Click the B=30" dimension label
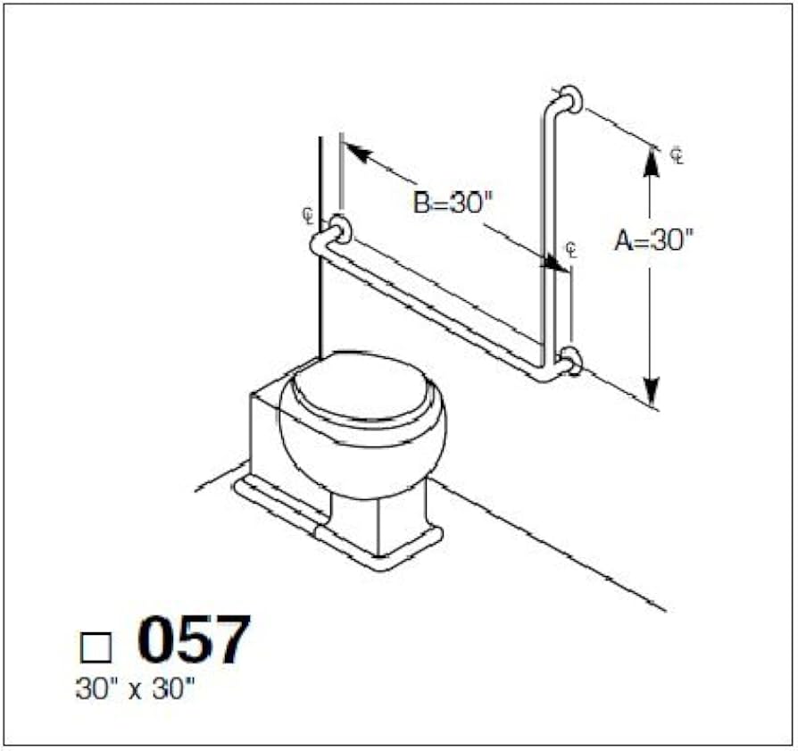click(453, 203)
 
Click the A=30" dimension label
click(654, 240)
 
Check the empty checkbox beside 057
click(96, 647)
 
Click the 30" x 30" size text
click(136, 688)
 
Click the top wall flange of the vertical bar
click(572, 99)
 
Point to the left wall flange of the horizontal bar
click(339, 229)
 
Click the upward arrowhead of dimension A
click(651, 162)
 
